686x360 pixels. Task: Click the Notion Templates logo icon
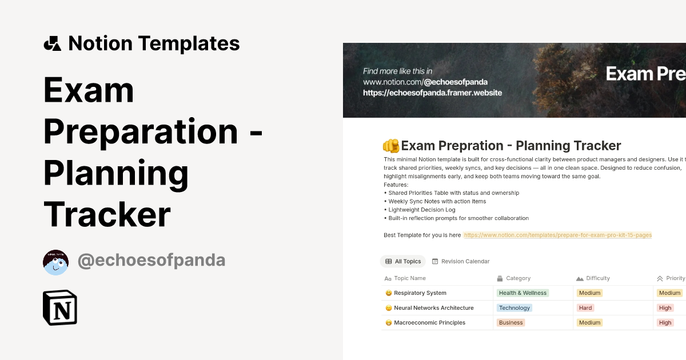pyautogui.click(x=52, y=43)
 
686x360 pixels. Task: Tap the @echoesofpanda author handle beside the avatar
pyautogui.click(x=151, y=261)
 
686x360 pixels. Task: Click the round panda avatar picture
pyautogui.click(x=56, y=262)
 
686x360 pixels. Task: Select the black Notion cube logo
pyautogui.click(x=60, y=307)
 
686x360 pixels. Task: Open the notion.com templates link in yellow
pyautogui.click(x=557, y=235)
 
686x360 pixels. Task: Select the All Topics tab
pyautogui.click(x=403, y=261)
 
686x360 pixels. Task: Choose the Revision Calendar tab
pyautogui.click(x=461, y=261)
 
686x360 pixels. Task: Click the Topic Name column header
pyautogui.click(x=409, y=278)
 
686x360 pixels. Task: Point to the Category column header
pyautogui.click(x=518, y=278)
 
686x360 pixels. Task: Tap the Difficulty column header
pyautogui.click(x=597, y=278)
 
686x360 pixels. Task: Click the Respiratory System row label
pyautogui.click(x=420, y=293)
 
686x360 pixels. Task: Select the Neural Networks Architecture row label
pyautogui.click(x=433, y=308)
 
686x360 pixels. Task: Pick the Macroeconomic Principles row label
pyautogui.click(x=429, y=323)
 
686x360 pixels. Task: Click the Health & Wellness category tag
pyautogui.click(x=523, y=293)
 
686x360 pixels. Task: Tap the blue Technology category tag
pyautogui.click(x=514, y=308)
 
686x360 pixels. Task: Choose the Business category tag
pyautogui.click(x=510, y=323)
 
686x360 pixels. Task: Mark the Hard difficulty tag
pyautogui.click(x=585, y=308)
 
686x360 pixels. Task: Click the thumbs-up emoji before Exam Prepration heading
pyautogui.click(x=391, y=146)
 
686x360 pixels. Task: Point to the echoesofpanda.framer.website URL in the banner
pyautogui.click(x=432, y=93)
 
